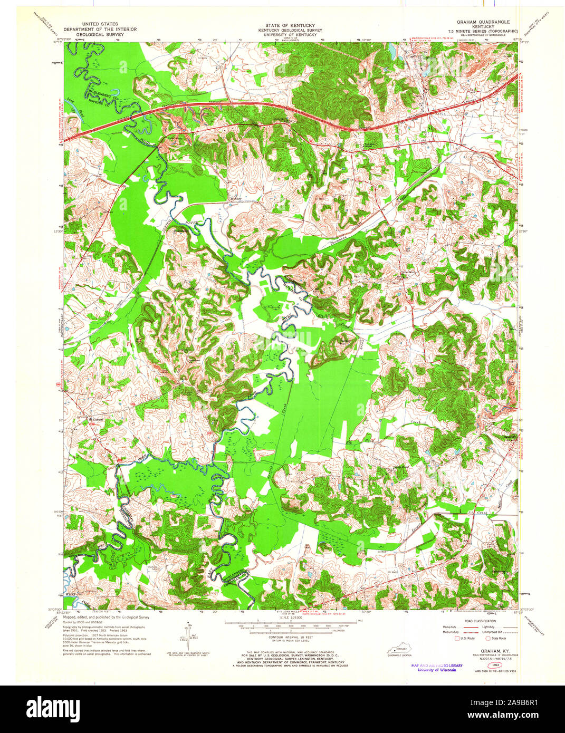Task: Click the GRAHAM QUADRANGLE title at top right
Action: (x=483, y=22)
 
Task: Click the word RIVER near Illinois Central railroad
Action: (x=193, y=224)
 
